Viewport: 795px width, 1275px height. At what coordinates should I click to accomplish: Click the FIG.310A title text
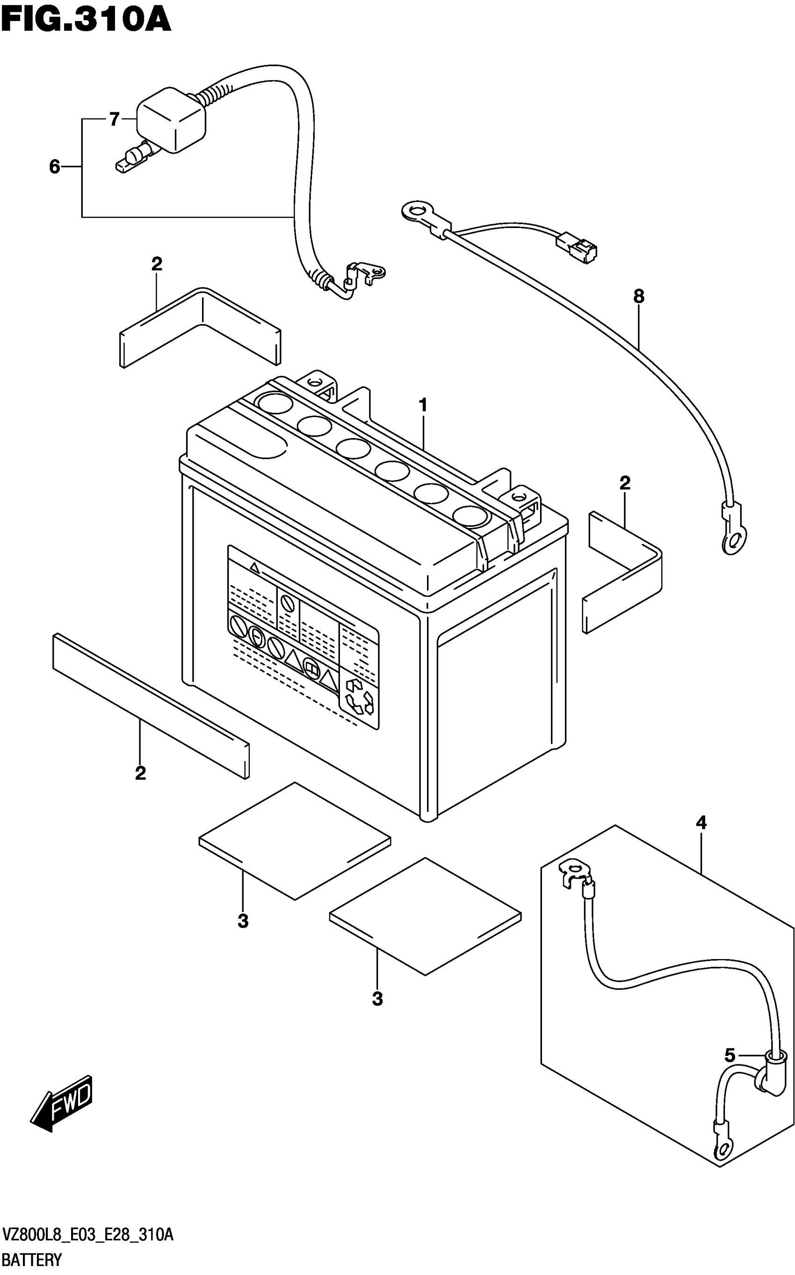pyautogui.click(x=86, y=20)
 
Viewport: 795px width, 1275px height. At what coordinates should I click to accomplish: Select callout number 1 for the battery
pyautogui.click(x=423, y=405)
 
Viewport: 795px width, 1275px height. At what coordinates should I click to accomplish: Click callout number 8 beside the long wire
pyautogui.click(x=638, y=297)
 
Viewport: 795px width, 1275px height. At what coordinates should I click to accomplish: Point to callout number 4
pyautogui.click(x=701, y=823)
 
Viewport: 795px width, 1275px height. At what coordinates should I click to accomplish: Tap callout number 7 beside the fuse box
pyautogui.click(x=115, y=119)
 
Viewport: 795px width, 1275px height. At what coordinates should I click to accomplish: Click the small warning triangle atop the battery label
pyautogui.click(x=254, y=567)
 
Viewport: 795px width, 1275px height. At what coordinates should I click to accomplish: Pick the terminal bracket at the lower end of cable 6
pyautogui.click(x=368, y=272)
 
